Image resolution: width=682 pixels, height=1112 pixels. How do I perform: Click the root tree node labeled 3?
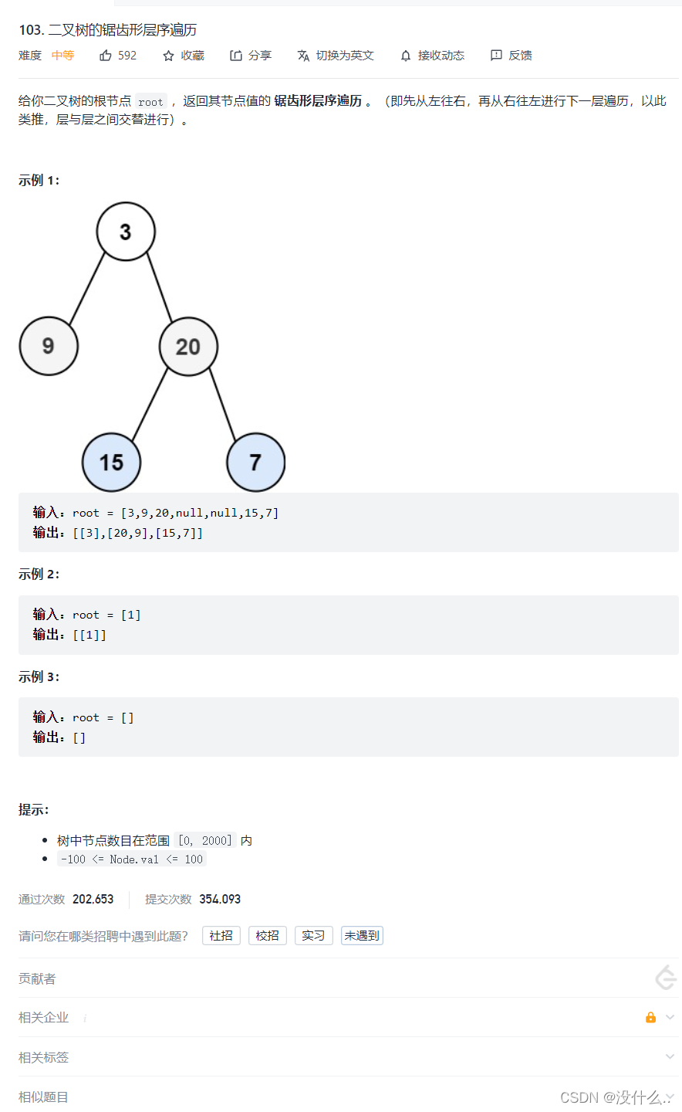(126, 232)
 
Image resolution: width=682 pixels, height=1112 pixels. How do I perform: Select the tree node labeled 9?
(49, 346)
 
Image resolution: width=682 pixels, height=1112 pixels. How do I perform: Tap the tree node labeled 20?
(188, 347)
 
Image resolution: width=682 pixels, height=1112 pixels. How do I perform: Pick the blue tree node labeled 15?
(111, 463)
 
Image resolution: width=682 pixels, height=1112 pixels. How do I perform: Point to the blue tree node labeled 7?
(255, 463)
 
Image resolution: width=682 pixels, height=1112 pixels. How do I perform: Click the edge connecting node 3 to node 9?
(87, 287)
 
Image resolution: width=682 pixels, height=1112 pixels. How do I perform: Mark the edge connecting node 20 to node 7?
(222, 405)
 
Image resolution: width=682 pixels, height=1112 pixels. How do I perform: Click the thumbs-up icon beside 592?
(106, 56)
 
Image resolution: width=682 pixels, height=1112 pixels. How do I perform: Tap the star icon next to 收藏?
(168, 56)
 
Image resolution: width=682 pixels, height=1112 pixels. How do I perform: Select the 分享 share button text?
(260, 56)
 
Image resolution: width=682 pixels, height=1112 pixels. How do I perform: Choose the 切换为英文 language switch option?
(344, 56)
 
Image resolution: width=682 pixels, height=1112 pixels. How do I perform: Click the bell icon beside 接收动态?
(406, 56)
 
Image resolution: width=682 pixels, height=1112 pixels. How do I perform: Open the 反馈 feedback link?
(520, 56)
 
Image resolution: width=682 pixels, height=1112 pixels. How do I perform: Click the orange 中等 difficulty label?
(62, 56)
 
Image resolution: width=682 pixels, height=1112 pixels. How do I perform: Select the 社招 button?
(221, 936)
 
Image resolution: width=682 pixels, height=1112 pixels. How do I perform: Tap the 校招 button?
(268, 936)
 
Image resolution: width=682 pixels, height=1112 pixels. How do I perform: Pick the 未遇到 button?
(362, 936)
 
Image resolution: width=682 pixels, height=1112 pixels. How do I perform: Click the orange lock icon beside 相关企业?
(650, 1018)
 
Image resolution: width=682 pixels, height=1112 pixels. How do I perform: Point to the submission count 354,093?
(220, 900)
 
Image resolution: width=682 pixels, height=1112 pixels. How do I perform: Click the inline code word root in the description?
(150, 102)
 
